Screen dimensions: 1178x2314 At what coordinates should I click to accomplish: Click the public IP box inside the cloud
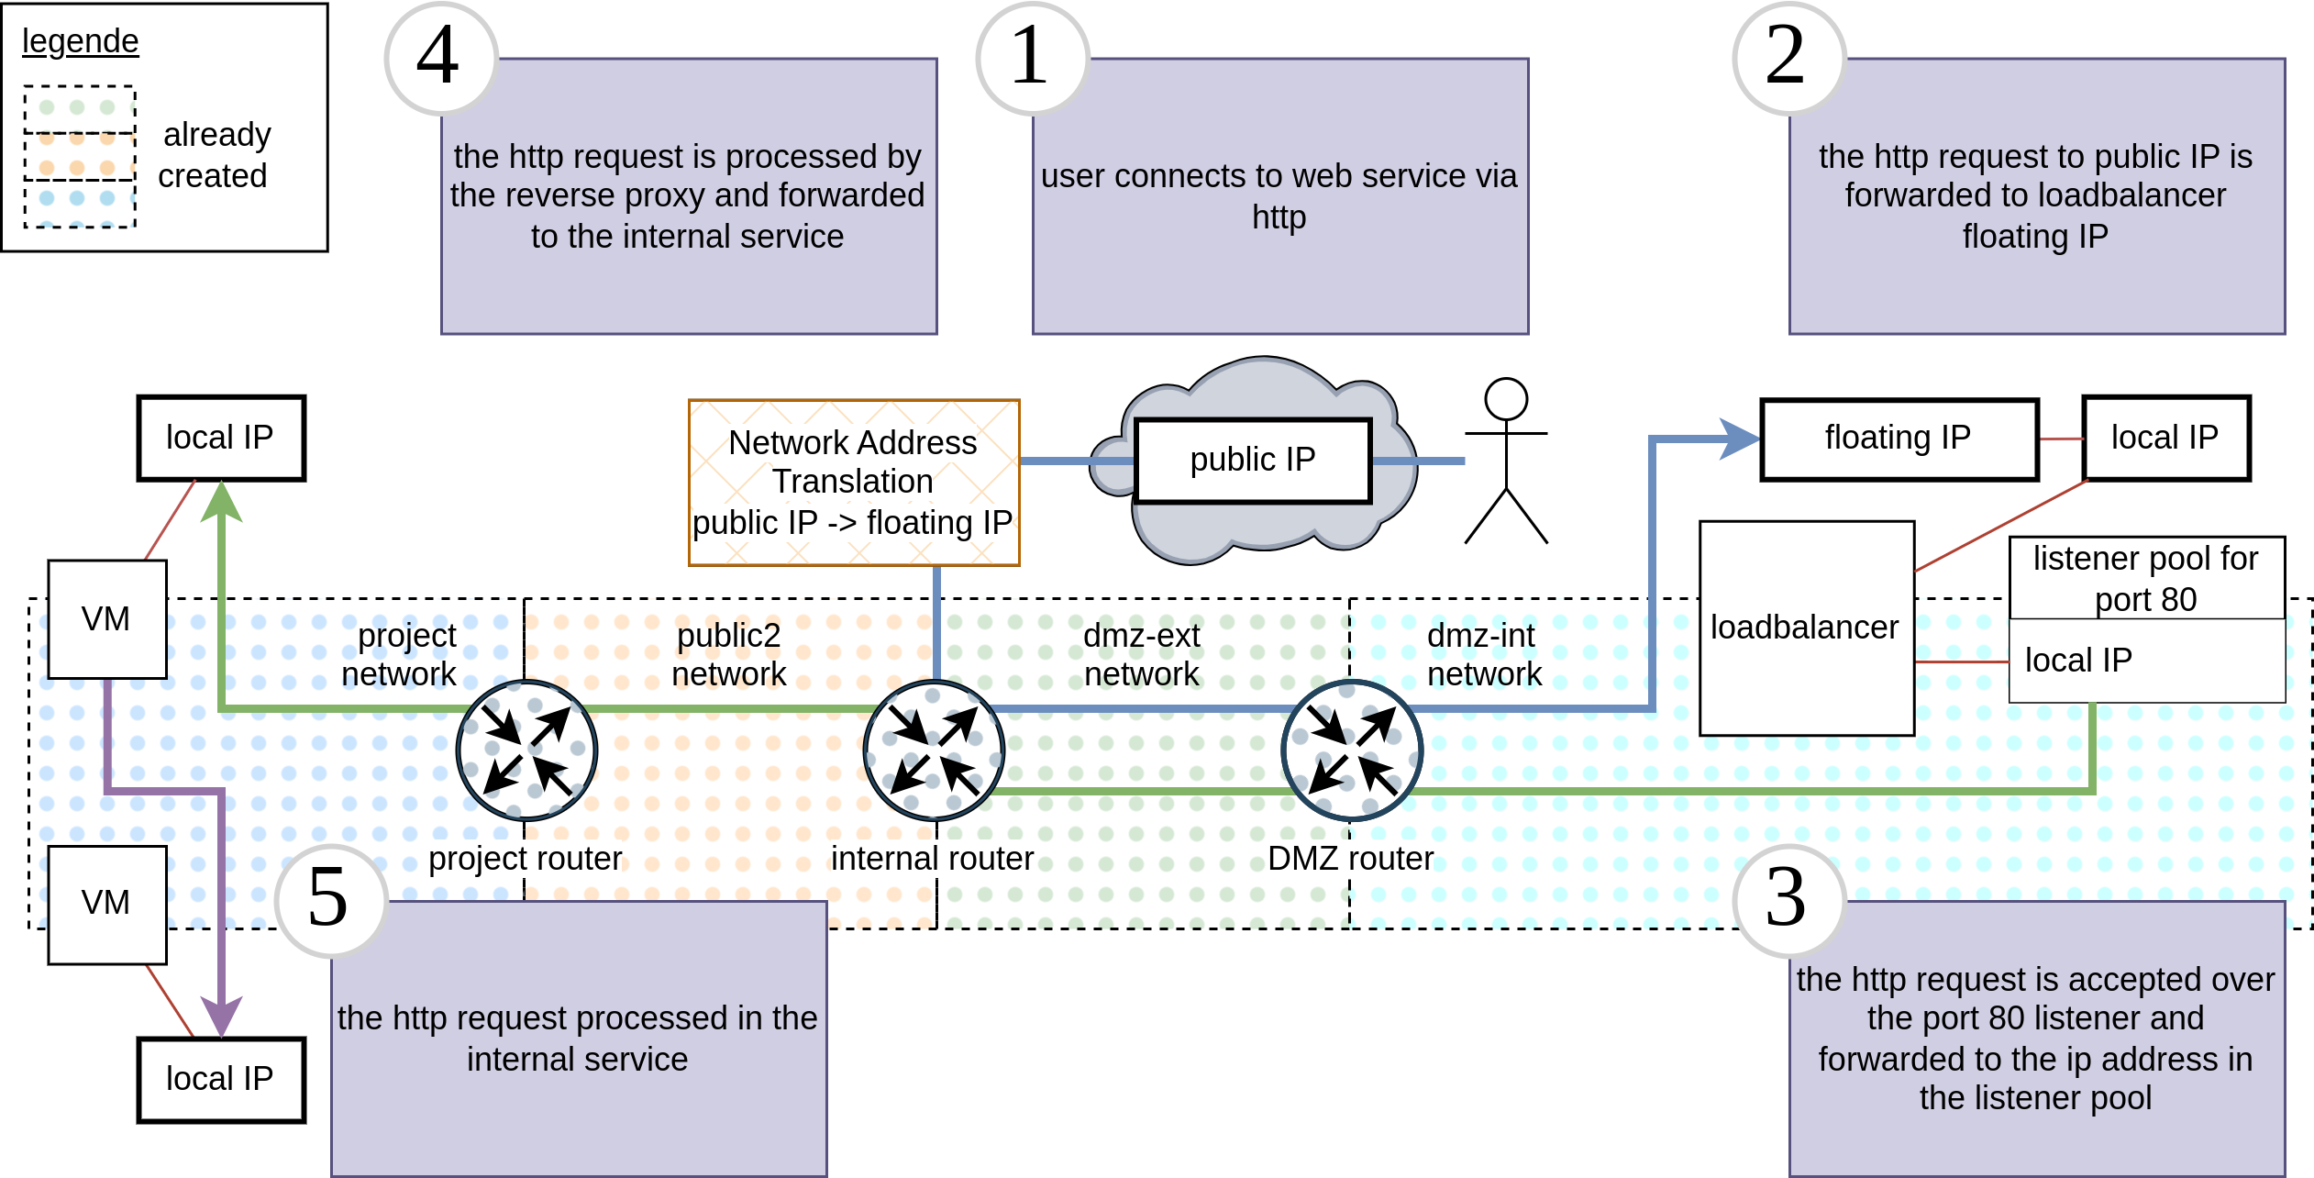pyautogui.click(x=1253, y=461)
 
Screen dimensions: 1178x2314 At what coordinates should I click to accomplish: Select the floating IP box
pyautogui.click(x=1899, y=439)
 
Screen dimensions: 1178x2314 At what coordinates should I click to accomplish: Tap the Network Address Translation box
pyautogui.click(x=854, y=483)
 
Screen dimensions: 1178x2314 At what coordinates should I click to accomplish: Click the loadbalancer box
pyautogui.click(x=1806, y=628)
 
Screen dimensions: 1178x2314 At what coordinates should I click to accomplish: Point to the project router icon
pyautogui.click(x=527, y=750)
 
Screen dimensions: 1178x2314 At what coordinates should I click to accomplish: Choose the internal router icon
pyautogui.click(x=935, y=750)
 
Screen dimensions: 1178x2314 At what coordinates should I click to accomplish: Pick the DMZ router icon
pyautogui.click(x=1352, y=750)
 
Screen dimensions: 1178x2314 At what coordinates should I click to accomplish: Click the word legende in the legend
pyautogui.click(x=81, y=42)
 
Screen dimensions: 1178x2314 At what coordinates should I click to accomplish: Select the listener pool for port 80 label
pyautogui.click(x=2145, y=579)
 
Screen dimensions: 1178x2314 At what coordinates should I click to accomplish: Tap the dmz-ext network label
pyautogui.click(x=1142, y=654)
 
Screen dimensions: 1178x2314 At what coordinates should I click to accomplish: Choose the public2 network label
pyautogui.click(x=729, y=654)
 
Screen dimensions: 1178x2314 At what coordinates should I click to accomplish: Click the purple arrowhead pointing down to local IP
pyautogui.click(x=222, y=1017)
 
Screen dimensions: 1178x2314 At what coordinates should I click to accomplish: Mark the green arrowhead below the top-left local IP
pyautogui.click(x=222, y=503)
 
